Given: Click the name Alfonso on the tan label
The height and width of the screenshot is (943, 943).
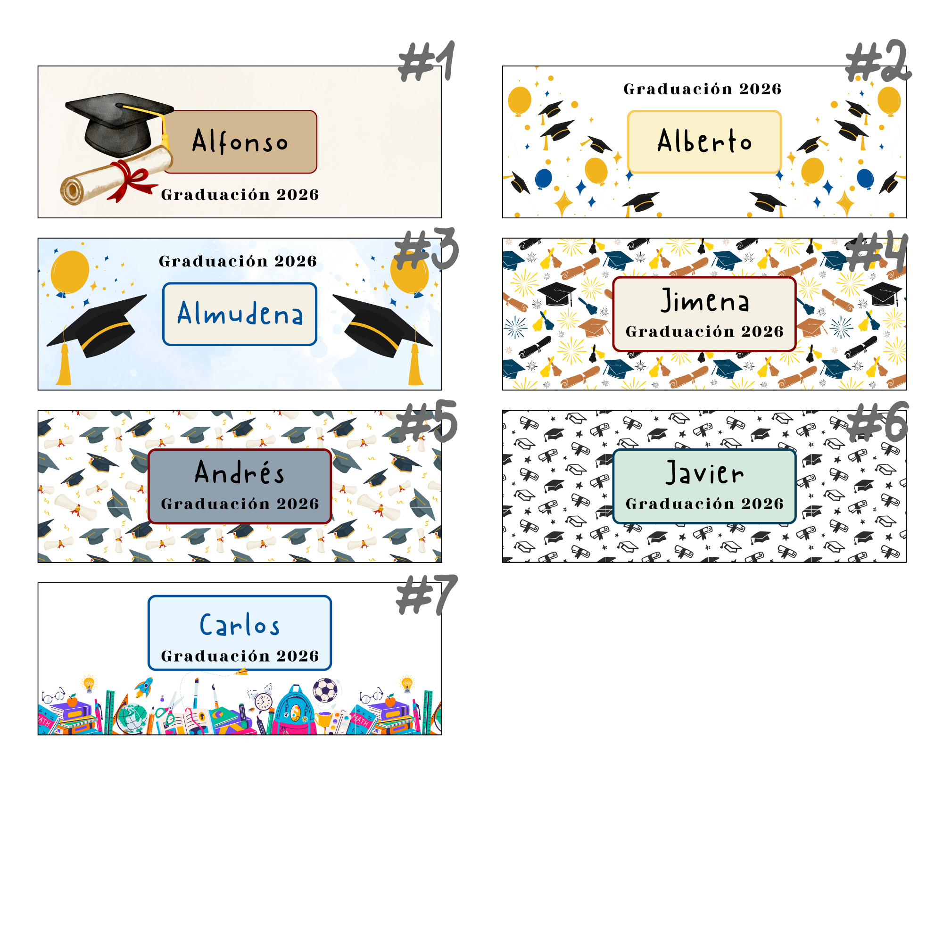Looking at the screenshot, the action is point(240,141).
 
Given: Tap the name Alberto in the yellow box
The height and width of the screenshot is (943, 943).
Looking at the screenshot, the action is point(704,141).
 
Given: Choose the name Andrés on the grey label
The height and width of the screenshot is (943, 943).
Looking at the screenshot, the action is point(239,472).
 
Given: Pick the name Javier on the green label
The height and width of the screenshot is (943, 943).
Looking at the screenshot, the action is point(705,472).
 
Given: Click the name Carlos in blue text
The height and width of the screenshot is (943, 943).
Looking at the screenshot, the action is point(240,625).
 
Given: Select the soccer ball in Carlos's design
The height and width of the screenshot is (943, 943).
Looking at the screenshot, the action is point(325,690).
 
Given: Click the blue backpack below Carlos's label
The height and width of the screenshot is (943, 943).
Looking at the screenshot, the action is point(294,711).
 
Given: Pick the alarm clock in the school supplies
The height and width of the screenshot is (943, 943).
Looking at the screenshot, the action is point(263,701).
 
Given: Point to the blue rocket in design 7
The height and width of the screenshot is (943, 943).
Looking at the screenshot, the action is point(143,687).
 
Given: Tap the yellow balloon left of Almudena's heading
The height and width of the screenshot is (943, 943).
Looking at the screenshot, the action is point(70,273).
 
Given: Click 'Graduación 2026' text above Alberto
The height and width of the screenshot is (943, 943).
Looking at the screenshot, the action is point(703,89).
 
